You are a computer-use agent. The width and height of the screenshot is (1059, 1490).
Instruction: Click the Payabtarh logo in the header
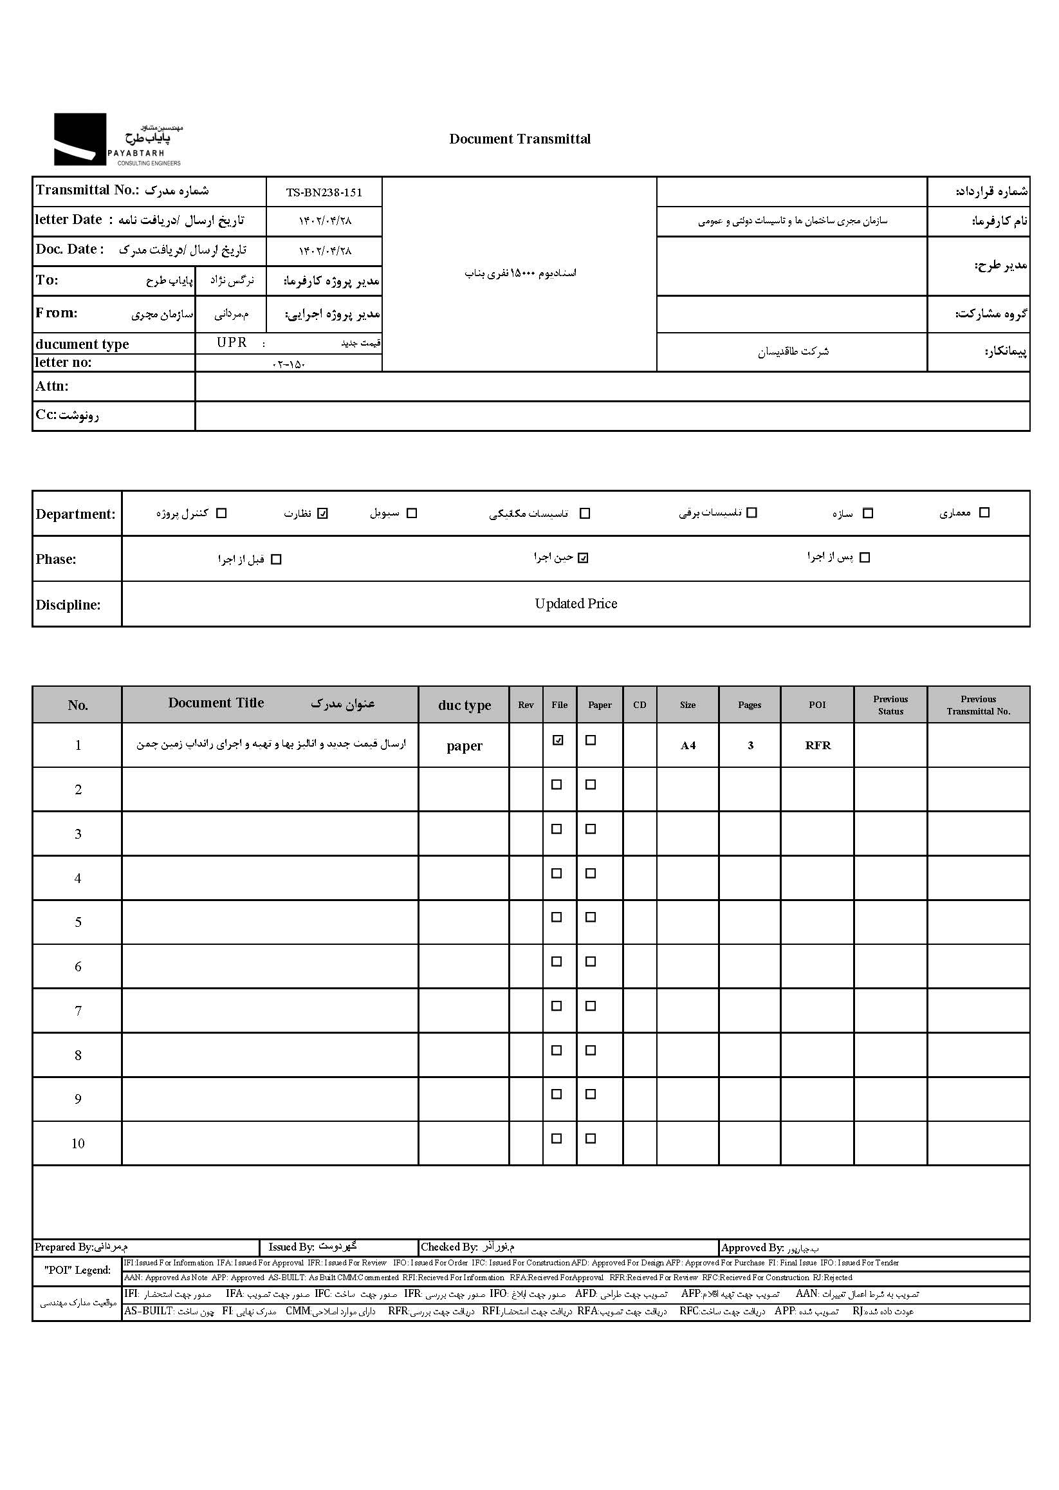pos(117,140)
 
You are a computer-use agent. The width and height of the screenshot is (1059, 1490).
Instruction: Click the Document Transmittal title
pos(520,139)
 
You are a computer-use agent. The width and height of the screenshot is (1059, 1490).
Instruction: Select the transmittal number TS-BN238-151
pos(324,192)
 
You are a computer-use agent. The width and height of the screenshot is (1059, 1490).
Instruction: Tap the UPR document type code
pos(232,343)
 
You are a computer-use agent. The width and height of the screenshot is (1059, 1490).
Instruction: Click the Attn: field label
pos(52,386)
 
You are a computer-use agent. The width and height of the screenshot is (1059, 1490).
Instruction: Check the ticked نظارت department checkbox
pos(322,514)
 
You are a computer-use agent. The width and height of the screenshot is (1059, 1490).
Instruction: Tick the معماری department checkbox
pos(984,513)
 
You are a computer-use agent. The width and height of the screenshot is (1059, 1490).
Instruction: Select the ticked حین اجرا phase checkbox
pos(583,558)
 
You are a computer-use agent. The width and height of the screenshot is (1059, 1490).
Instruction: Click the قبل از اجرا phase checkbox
pos(276,560)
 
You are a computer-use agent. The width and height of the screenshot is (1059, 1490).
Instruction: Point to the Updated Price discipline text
pos(576,604)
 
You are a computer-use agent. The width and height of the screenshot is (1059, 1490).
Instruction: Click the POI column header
pos(817,705)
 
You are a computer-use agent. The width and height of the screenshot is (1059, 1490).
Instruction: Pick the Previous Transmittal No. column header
pos(978,705)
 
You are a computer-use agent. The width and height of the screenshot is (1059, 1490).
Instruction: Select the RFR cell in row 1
pos(818,746)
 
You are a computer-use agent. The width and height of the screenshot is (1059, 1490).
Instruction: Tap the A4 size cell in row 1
pos(688,746)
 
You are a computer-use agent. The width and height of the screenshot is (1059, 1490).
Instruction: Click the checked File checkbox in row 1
pos(558,740)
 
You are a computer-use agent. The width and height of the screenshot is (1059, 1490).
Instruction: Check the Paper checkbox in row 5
pos(591,917)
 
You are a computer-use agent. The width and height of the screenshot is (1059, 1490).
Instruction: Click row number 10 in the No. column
pos(78,1144)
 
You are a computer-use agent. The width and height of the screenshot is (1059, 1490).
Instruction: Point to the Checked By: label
pos(448,1247)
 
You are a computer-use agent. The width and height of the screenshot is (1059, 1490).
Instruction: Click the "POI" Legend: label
pos(77,1270)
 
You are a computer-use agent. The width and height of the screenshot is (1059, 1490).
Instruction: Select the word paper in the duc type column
pos(465,746)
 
